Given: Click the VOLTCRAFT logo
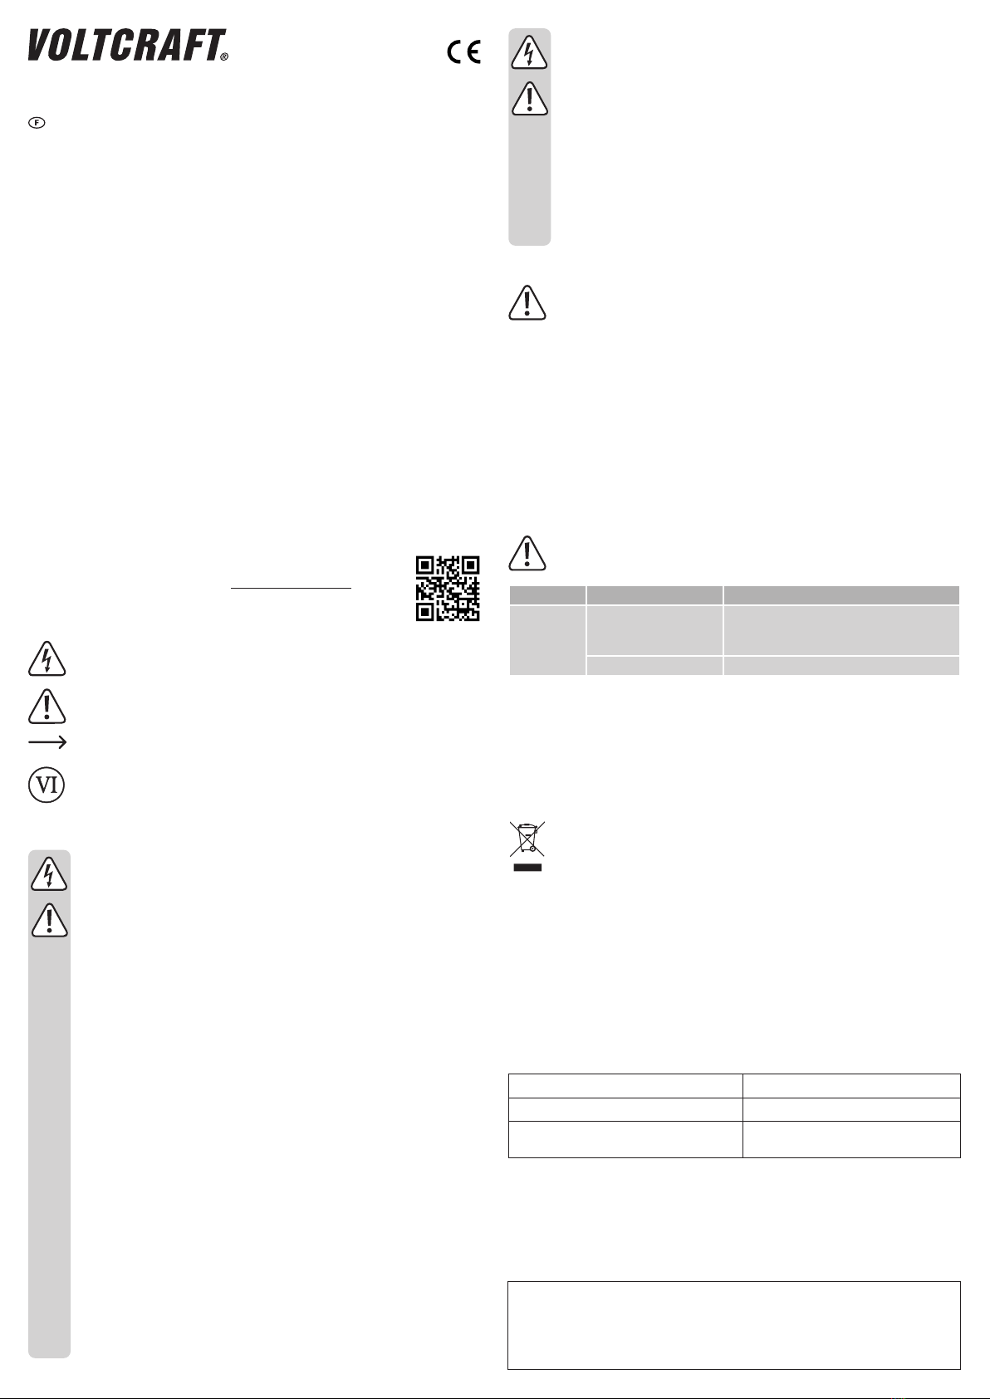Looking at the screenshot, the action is pos(127,45).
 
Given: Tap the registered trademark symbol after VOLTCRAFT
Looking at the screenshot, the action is pos(224,56).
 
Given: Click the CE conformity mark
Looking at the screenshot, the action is pos(464,51).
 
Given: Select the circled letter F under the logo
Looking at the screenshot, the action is pos(37,122).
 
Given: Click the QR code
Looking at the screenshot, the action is pos(448,589).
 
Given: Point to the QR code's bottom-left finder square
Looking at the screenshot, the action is pos(425,612).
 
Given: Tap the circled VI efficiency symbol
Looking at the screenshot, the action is pos(47,785).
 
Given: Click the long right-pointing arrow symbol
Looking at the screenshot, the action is pos(47,742).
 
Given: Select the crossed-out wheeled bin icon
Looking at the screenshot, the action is pos(527,838).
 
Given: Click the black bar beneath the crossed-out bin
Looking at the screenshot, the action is pos(527,868).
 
